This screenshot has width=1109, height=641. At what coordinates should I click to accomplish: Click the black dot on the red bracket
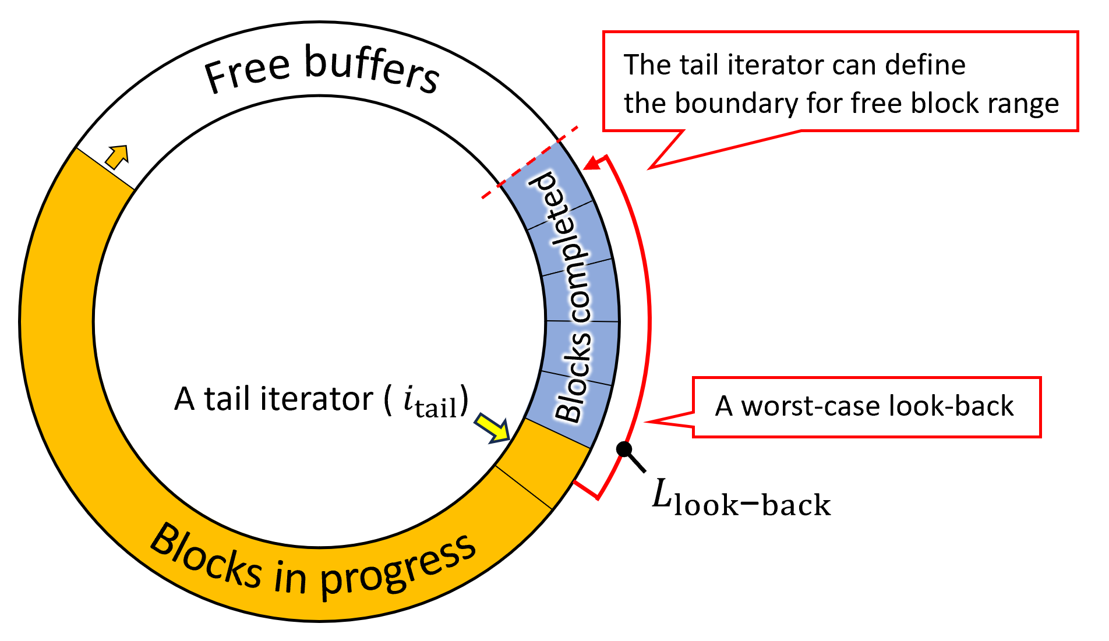click(624, 449)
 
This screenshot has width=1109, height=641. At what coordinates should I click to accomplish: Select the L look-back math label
click(740, 499)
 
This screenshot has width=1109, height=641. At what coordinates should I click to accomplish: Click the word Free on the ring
click(247, 72)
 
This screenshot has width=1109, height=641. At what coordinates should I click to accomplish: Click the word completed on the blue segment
click(559, 245)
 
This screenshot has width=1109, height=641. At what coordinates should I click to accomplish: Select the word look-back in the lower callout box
click(951, 406)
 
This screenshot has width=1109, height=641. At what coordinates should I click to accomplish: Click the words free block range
click(955, 104)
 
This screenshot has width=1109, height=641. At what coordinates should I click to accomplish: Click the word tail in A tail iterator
click(228, 400)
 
